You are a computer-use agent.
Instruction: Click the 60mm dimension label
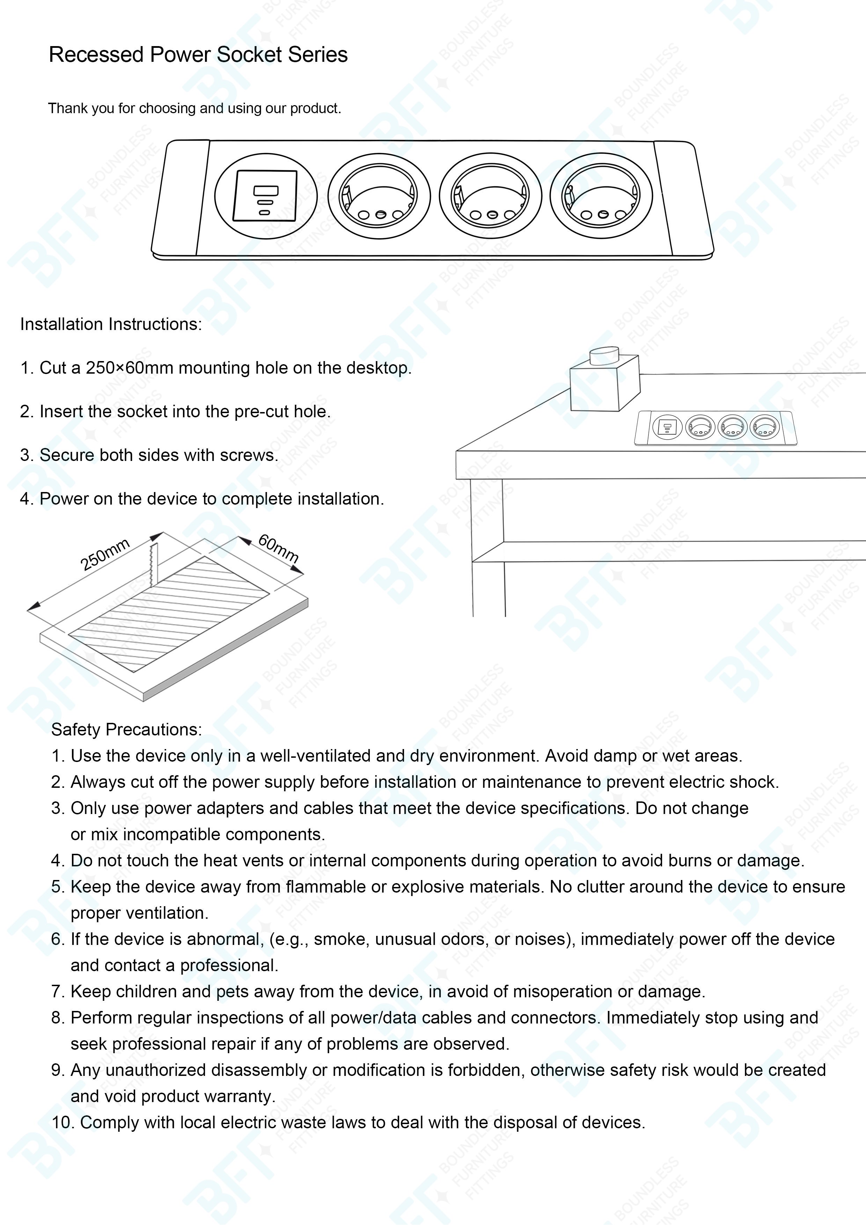(278, 548)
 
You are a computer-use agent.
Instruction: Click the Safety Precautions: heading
(126, 729)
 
